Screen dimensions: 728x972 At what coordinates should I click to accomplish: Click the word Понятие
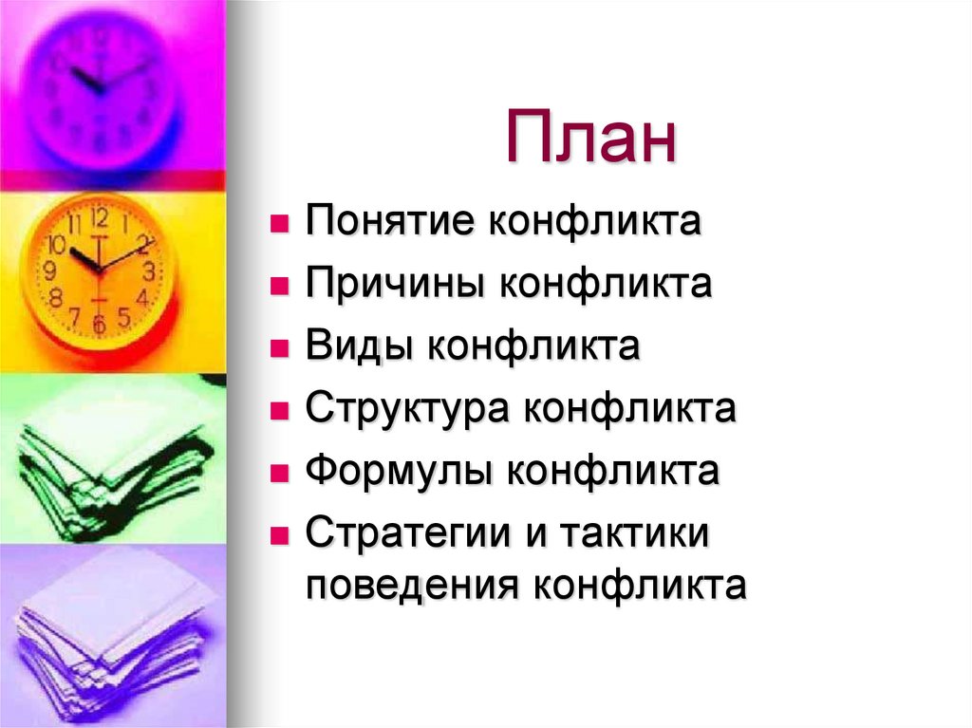coord(391,223)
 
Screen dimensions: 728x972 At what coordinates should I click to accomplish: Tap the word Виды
coord(360,346)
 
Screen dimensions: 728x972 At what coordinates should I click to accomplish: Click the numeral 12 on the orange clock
coord(100,217)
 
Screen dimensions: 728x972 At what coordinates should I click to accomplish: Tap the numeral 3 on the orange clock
coord(150,270)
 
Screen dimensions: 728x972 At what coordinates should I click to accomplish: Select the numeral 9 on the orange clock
coord(50,271)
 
